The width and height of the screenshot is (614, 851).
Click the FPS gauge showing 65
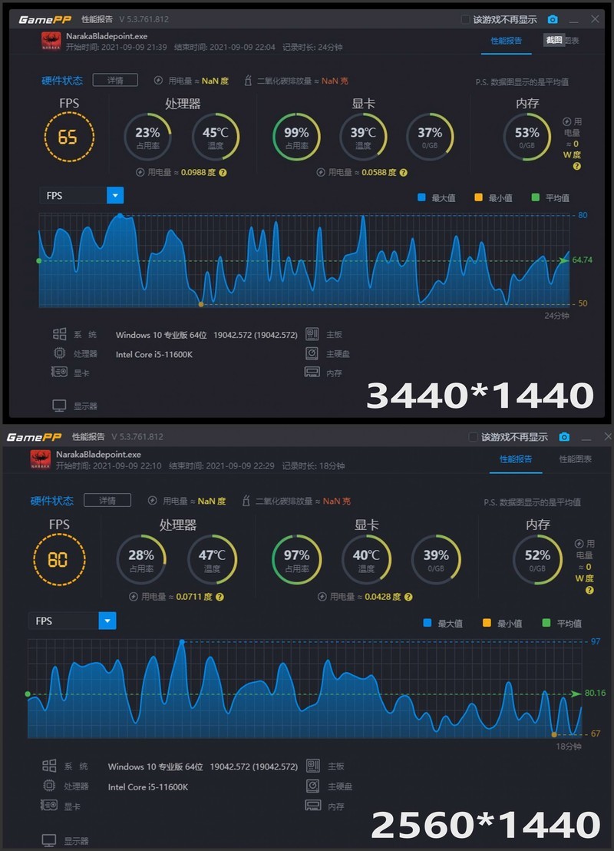tap(68, 137)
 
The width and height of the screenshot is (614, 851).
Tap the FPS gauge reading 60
tap(58, 559)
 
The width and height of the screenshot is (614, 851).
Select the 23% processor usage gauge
tap(147, 137)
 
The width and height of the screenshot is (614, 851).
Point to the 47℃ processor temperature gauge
tap(213, 558)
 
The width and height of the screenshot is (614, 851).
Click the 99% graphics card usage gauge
tap(296, 137)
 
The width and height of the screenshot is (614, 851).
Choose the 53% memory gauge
tap(527, 137)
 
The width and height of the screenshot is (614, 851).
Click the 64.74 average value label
tap(583, 260)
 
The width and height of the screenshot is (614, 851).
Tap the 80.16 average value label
tap(595, 693)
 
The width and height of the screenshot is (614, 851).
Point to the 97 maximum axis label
tap(596, 641)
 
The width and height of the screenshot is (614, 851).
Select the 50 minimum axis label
tap(583, 303)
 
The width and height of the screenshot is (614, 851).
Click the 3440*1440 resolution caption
tap(480, 395)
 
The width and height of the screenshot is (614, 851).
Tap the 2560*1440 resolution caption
tap(485, 824)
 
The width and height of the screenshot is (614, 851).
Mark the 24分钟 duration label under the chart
tap(556, 316)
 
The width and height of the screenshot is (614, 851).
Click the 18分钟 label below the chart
tap(569, 747)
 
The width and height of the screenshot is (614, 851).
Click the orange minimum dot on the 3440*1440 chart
tap(201, 305)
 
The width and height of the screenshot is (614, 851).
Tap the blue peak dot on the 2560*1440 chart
tap(182, 641)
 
